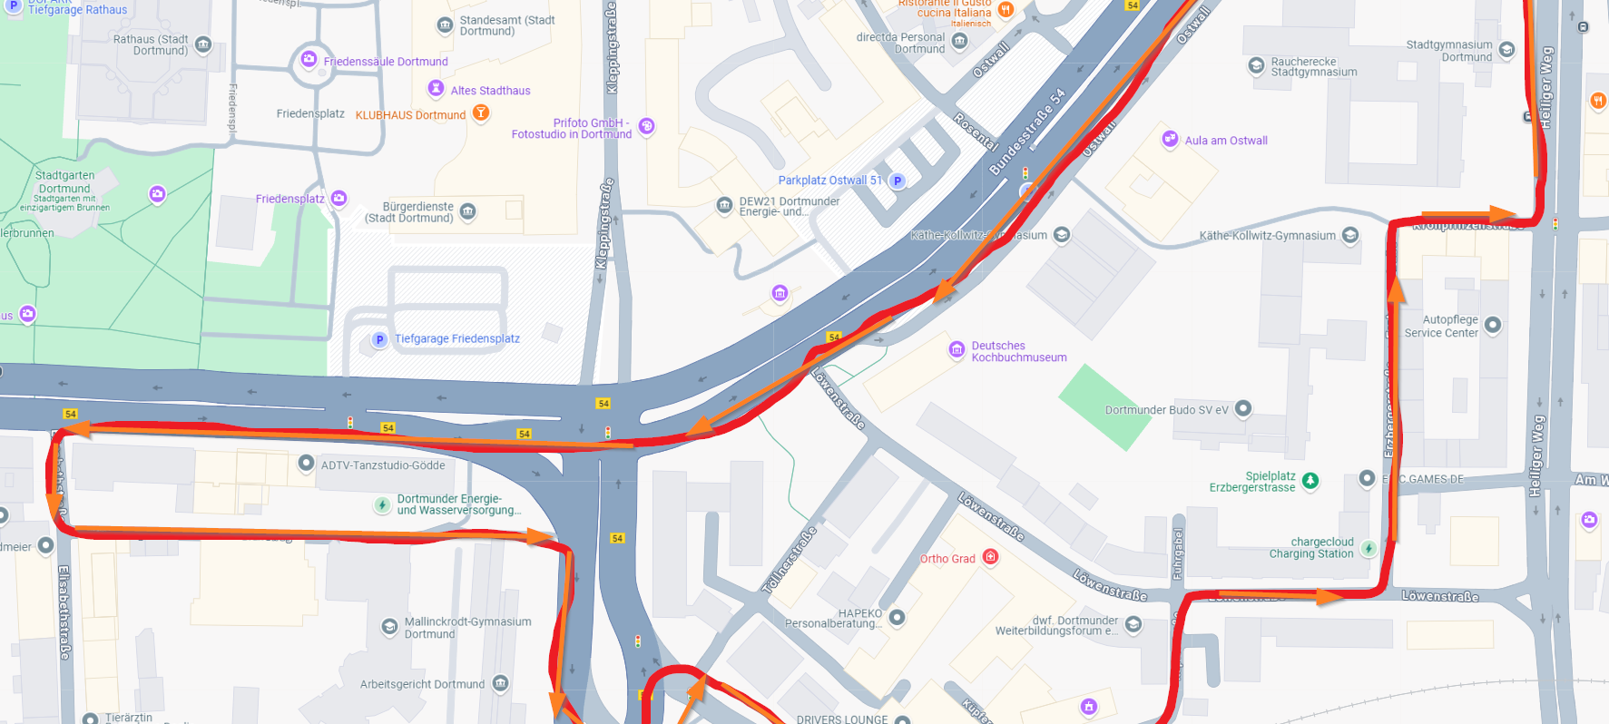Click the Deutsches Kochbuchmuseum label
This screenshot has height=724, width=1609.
[x=1018, y=352]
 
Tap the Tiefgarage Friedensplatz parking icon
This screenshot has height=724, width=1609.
[x=379, y=339]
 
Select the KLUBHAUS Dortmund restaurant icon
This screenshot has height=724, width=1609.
[x=482, y=113]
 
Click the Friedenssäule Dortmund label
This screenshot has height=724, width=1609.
[x=386, y=62]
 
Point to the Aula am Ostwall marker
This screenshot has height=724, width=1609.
[x=1170, y=139]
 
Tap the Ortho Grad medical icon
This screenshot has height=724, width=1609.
[x=991, y=557]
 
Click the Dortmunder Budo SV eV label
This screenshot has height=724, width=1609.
[x=1166, y=410]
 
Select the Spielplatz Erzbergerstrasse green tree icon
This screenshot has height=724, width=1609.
[x=1310, y=481]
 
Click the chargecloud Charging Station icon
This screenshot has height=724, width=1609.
[x=1369, y=548]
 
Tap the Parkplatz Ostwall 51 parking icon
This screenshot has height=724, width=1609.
[x=898, y=181]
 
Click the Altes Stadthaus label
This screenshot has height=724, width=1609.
[x=490, y=91]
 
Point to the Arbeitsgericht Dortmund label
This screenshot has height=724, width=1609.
[x=422, y=684]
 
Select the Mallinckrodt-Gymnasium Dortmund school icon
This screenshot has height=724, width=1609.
[x=389, y=627]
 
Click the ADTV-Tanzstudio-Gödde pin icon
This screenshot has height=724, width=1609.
[x=307, y=464]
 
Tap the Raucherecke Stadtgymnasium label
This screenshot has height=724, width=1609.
[x=1313, y=67]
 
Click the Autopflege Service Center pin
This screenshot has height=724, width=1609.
[x=1492, y=325]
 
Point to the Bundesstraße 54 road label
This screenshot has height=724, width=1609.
[x=1026, y=132]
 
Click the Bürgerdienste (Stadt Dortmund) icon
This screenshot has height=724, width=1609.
[x=468, y=211]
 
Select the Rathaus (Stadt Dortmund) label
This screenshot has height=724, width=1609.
[x=151, y=44]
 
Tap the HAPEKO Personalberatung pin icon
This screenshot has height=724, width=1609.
[x=897, y=617]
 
